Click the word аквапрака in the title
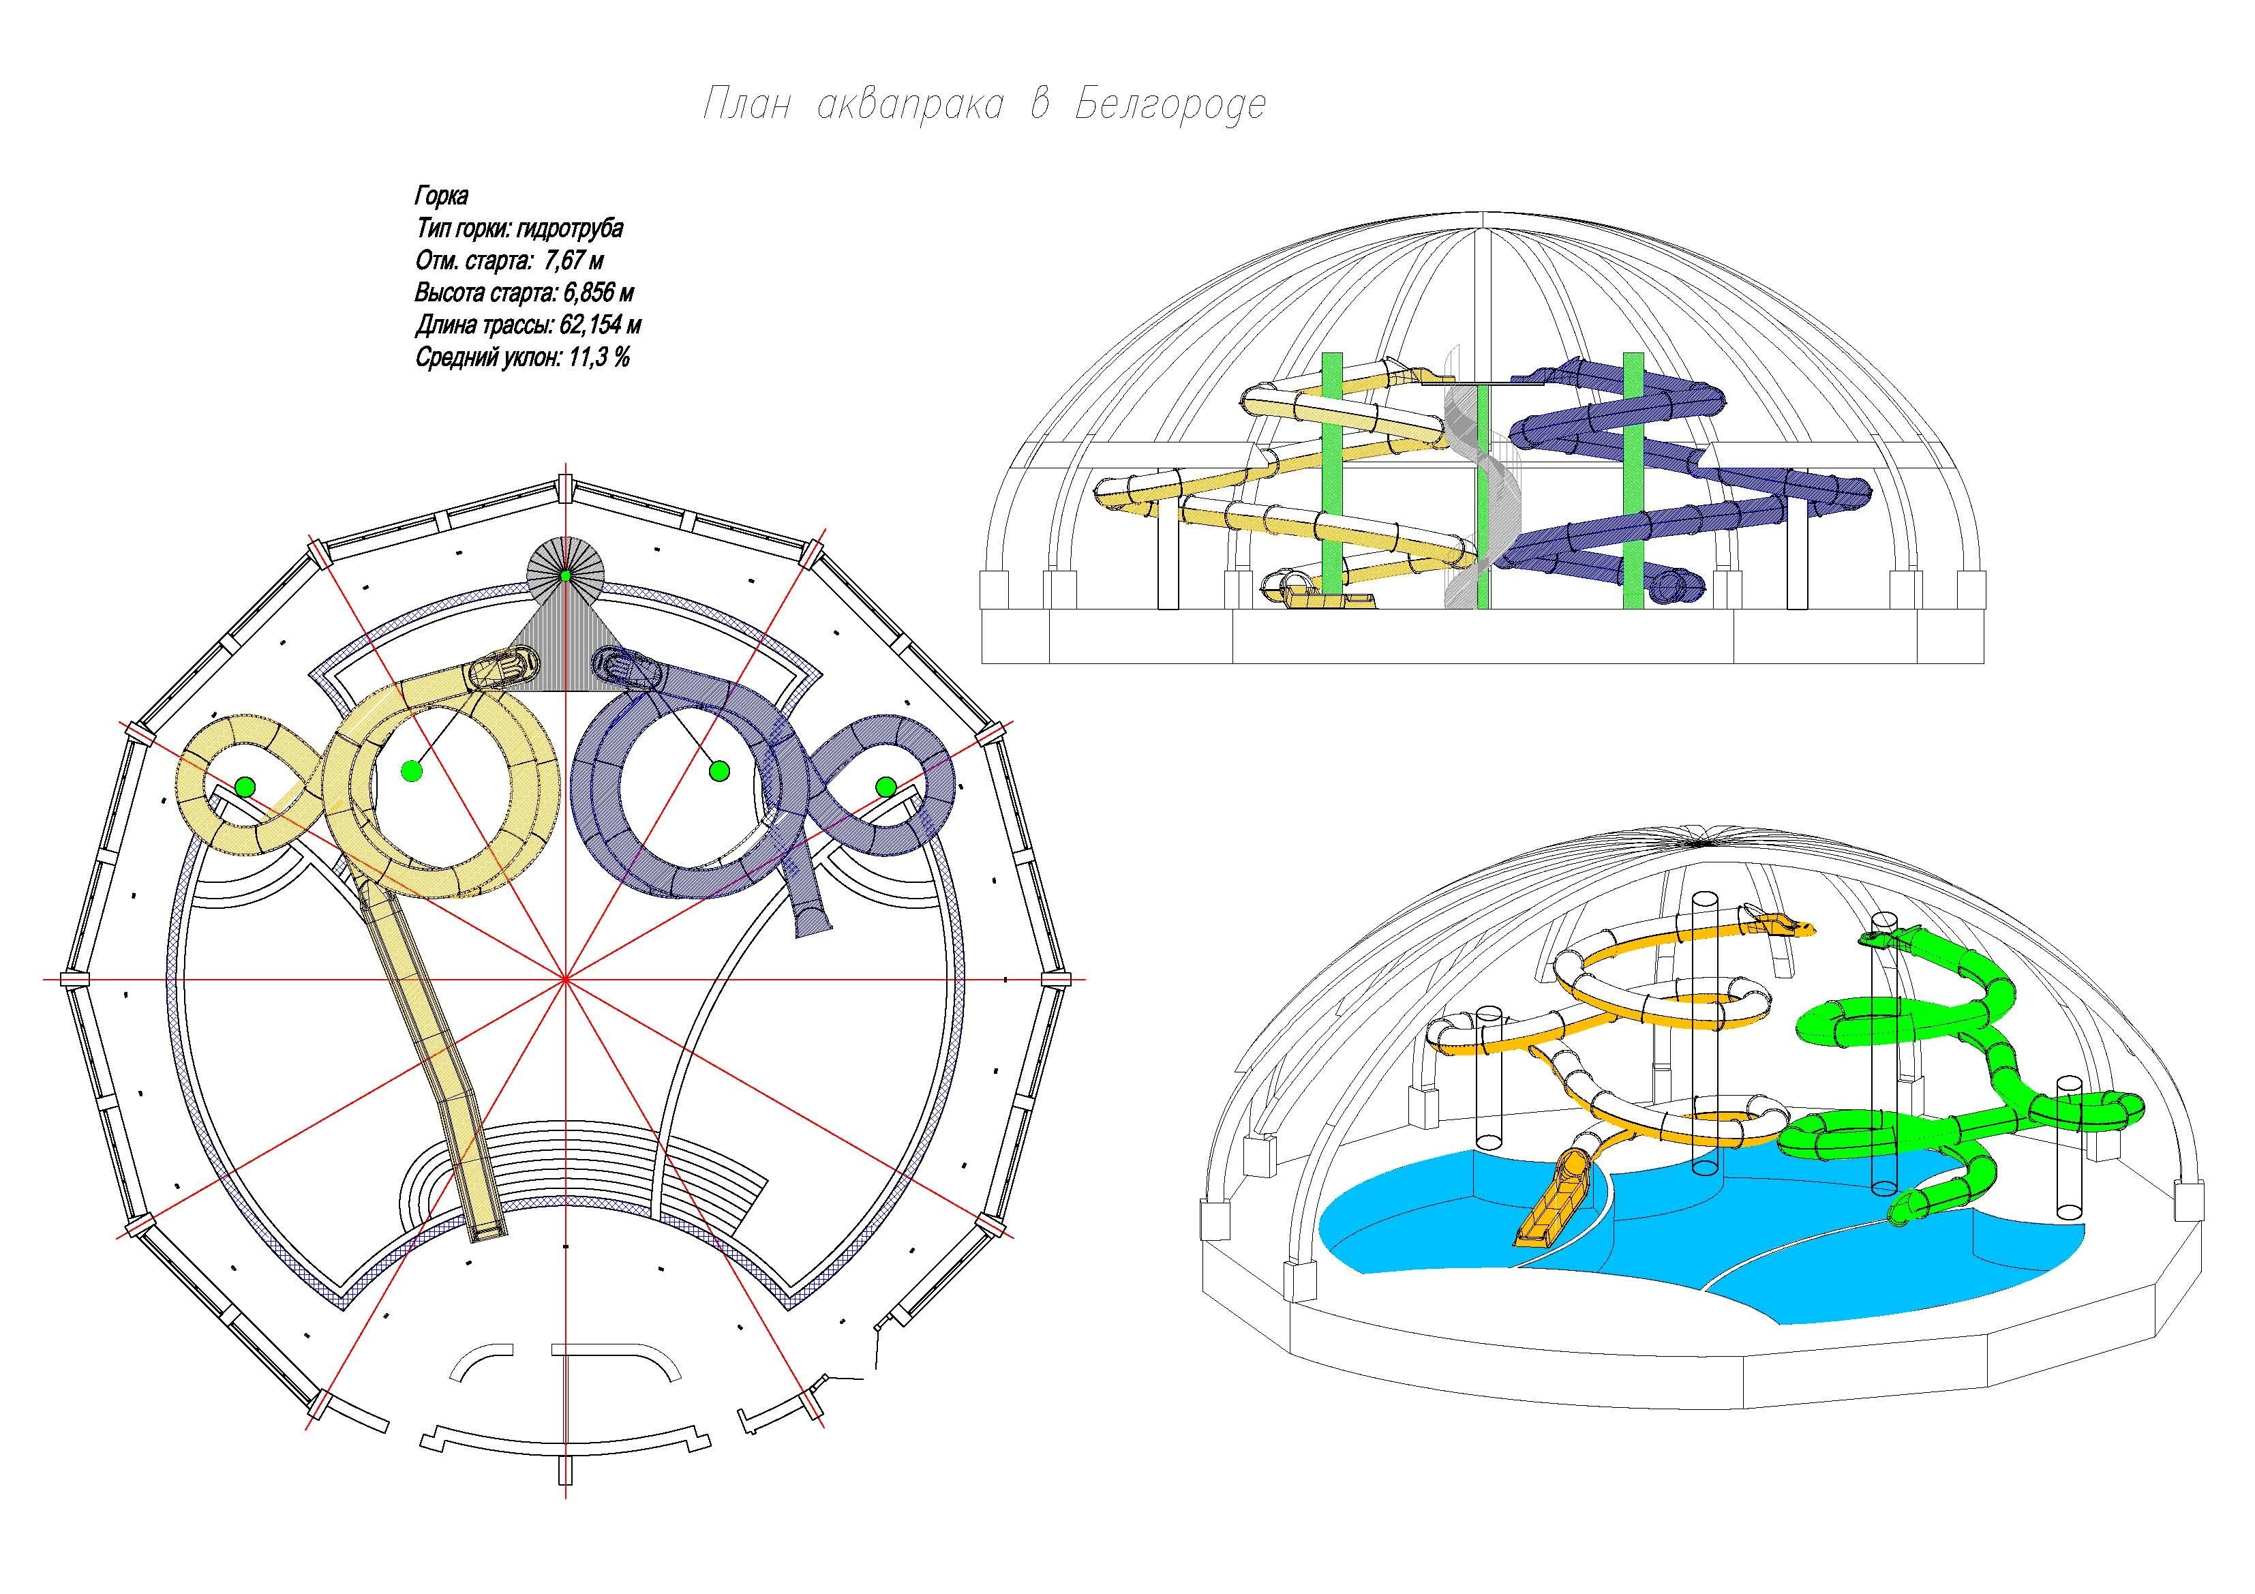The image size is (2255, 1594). tap(909, 104)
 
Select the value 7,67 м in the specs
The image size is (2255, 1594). tap(573, 261)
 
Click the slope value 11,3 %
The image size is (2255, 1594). tap(597, 357)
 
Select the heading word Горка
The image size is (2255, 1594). tap(442, 196)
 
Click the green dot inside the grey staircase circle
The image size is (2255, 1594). tap(566, 575)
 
